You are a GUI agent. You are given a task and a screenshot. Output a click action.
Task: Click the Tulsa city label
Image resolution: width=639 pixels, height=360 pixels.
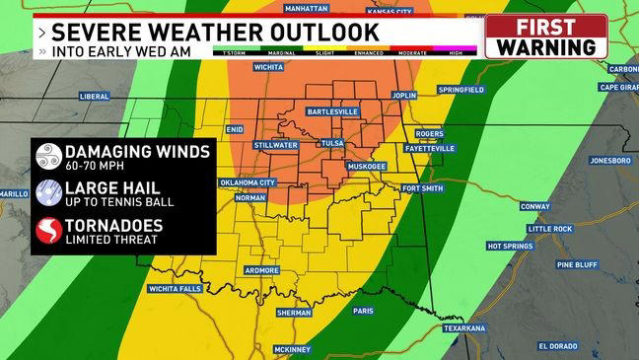pyautogui.click(x=332, y=143)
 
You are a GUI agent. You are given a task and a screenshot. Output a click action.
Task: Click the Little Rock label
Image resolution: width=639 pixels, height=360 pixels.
pyautogui.click(x=549, y=229)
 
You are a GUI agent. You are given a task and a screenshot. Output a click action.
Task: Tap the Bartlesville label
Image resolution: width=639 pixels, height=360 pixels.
pyautogui.click(x=332, y=111)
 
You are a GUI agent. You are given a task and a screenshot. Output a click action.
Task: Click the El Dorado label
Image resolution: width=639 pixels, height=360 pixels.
pyautogui.click(x=560, y=346)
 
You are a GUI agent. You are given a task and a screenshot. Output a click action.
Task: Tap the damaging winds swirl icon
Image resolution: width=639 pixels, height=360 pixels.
pyautogui.click(x=47, y=156)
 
